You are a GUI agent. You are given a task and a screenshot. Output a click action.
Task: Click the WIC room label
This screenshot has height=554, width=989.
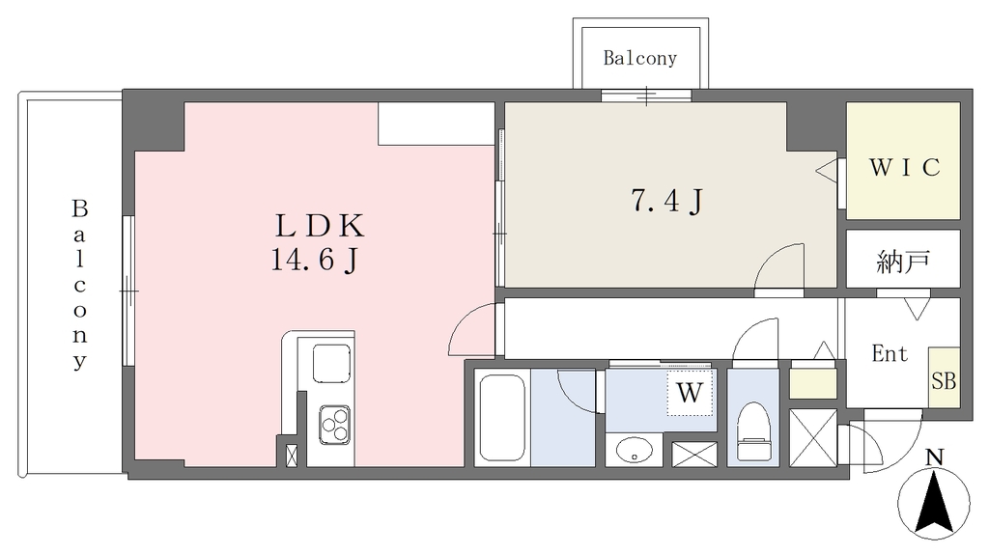click(x=904, y=167)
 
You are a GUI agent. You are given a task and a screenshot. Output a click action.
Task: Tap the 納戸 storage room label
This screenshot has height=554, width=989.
click(x=903, y=262)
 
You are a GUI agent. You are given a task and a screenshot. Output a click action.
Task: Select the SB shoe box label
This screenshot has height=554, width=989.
click(x=944, y=380)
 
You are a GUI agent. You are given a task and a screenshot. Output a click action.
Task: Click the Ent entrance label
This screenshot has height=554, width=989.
click(x=890, y=353)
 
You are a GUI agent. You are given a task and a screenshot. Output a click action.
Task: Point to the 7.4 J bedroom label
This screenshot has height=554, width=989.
click(x=666, y=202)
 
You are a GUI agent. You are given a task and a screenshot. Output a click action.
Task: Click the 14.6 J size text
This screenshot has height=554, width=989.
click(x=315, y=260)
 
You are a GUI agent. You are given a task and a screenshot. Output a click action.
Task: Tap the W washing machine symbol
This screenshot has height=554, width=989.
click(x=690, y=393)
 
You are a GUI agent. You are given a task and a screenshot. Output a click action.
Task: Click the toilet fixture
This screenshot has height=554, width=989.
click(x=753, y=431)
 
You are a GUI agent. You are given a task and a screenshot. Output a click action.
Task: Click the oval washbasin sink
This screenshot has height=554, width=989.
click(x=634, y=450)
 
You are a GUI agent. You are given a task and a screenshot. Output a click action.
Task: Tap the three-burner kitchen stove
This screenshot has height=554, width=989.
click(x=334, y=424)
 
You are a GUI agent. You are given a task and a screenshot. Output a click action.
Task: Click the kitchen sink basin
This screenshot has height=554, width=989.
click(x=332, y=364)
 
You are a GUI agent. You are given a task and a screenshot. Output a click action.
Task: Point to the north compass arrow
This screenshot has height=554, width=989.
click(x=934, y=502)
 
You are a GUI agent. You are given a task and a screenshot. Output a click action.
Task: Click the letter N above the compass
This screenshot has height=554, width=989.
click(x=934, y=457)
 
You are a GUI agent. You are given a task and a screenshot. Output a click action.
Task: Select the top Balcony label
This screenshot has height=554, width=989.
click(x=639, y=58)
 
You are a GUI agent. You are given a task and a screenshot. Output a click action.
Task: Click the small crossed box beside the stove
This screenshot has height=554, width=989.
click(x=292, y=455)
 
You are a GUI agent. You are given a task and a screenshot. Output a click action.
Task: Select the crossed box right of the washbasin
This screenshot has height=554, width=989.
click(x=693, y=454)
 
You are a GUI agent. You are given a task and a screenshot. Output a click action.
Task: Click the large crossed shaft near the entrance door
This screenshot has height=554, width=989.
click(x=813, y=437)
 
